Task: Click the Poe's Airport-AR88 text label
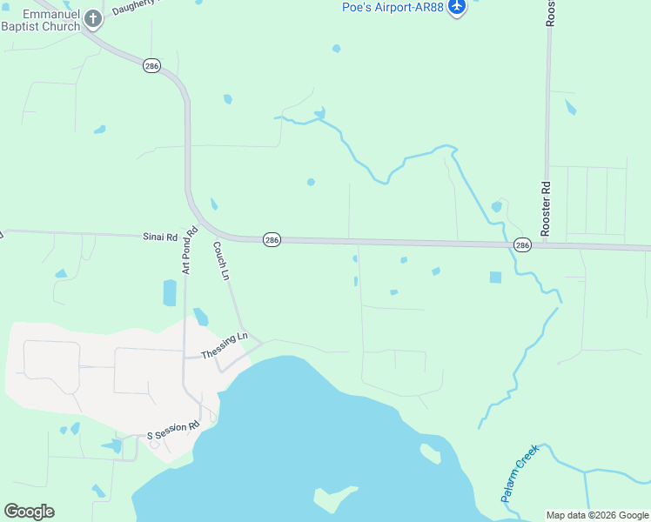coord(393,8)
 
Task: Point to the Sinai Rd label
coord(160,236)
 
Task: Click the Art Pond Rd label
coord(189,251)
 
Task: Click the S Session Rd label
coord(173,428)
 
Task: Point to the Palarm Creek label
coord(520,472)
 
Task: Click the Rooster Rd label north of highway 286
coord(547,209)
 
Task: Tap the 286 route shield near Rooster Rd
coord(522,245)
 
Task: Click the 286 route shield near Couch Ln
coord(272,239)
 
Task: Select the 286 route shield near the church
coord(152,66)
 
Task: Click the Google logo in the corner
coord(29,512)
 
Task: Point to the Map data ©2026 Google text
coord(597,515)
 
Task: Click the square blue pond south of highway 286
coord(495,278)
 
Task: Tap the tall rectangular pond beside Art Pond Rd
coord(170,292)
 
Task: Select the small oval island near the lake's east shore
coord(430,453)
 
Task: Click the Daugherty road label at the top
coord(139,4)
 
